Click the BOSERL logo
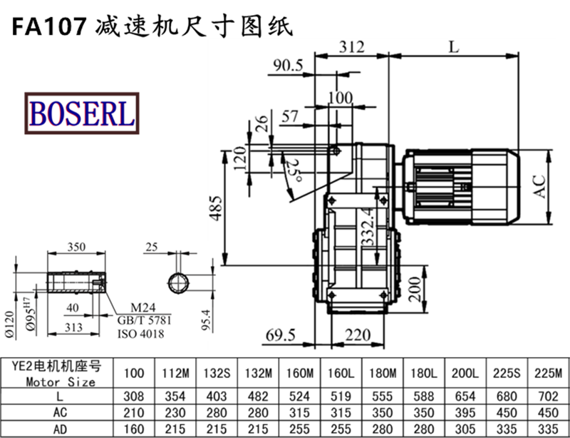coord(80,112)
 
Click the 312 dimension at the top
coord(351,47)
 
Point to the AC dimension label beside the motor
coord(541,187)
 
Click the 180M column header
coord(383,372)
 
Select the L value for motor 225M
coord(549,396)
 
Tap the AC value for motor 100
coord(133,413)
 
